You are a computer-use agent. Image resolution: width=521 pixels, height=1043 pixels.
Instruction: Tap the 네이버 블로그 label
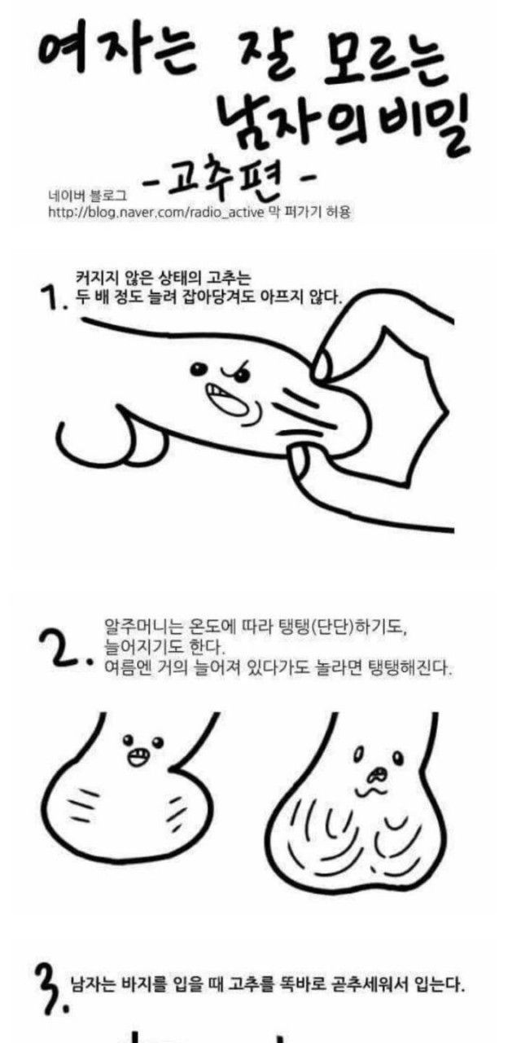[x=88, y=192]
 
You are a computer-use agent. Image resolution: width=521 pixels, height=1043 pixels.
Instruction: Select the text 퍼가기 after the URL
[x=301, y=212]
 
